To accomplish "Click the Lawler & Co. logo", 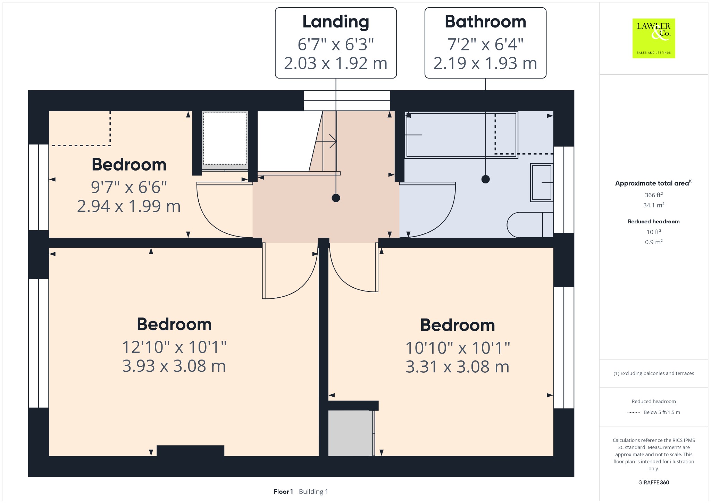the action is pos(653,38).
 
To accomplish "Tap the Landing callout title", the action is pos(336,22).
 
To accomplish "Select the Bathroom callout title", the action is pos(485,22).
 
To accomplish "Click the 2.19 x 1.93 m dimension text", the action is pos(485,63).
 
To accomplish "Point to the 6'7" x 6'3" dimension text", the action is pos(336,44).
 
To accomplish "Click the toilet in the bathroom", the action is pos(530,225).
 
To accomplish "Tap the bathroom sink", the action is pos(542,182).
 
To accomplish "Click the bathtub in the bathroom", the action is pos(461,135).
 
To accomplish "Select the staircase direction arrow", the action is pos(326,141).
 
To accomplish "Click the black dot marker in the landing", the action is pos(336,198).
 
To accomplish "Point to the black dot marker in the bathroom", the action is pos(485,179).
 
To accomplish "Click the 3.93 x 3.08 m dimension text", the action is pos(174,366).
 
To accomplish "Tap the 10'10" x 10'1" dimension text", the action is pos(458,348).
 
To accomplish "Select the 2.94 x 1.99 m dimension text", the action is pos(129,206).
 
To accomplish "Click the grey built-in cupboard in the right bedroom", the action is pos(350,433).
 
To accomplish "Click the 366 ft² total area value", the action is pos(654,195).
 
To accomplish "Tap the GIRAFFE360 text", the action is pos(654,482).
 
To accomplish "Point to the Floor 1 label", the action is pos(283,492).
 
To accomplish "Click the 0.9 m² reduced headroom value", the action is pos(654,242).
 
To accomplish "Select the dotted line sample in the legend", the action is pos(634,412).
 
